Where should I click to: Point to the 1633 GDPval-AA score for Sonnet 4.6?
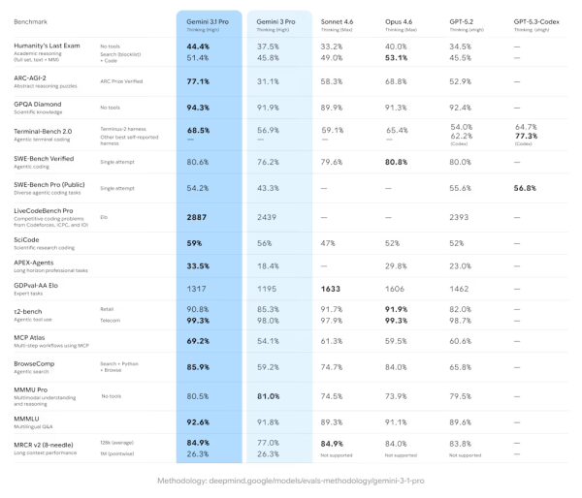click(334, 289)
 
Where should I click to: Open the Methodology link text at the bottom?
click(291, 481)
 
